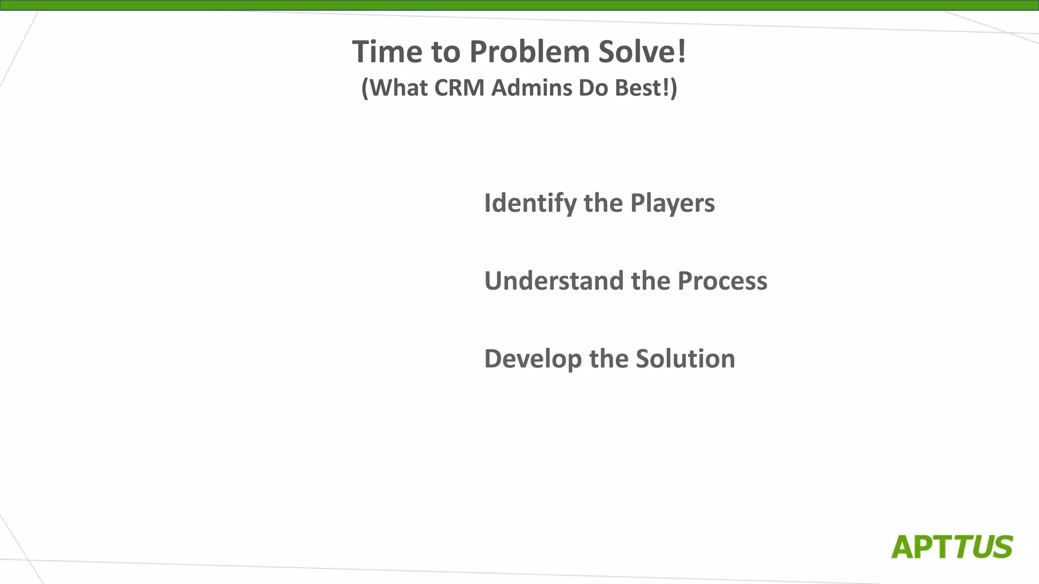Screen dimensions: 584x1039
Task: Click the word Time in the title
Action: click(387, 52)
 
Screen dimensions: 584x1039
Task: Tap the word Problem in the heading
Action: click(529, 52)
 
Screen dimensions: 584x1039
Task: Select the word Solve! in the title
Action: click(642, 52)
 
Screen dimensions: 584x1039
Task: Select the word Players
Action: click(672, 203)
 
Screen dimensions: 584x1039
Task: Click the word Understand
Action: click(554, 281)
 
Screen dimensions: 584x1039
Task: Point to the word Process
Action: click(722, 281)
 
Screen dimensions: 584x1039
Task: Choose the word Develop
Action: click(533, 359)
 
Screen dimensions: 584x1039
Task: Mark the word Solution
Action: click(685, 359)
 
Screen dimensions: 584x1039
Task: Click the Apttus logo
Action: click(952, 547)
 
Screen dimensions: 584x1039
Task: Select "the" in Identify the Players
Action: click(603, 203)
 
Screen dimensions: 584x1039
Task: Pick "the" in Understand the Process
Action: click(650, 281)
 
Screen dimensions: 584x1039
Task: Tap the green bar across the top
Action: click(519, 5)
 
